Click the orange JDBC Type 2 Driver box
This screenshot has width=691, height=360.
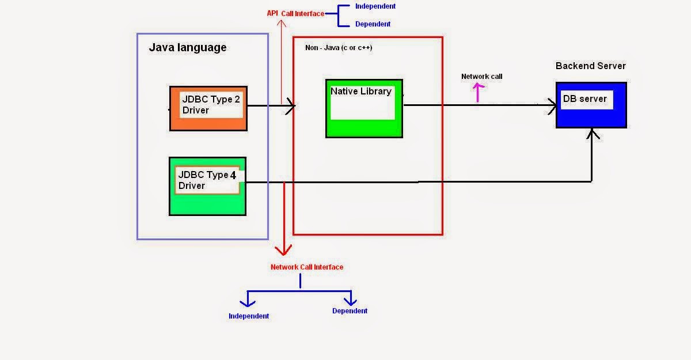pos(208,108)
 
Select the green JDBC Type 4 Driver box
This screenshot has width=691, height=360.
pos(207,186)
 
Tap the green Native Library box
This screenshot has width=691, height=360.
pos(364,108)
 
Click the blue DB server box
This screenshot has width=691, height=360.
pos(591,105)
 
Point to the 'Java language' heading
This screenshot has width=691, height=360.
pos(188,48)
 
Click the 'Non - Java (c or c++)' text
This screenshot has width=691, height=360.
pos(339,48)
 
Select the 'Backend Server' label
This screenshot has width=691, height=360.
pos(590,66)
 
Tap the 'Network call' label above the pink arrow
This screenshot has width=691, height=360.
pos(481,77)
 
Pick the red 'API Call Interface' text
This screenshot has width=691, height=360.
pos(295,13)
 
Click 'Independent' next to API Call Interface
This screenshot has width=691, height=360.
pos(375,6)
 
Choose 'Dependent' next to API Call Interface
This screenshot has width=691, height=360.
pos(373,24)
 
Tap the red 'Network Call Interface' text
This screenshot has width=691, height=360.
pos(307,267)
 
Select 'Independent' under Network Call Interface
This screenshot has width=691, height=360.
pos(249,316)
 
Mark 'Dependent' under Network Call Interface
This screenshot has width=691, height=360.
pos(350,311)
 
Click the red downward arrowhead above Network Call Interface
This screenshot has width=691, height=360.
pos(283,250)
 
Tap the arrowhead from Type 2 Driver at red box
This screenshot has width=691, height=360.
pos(291,105)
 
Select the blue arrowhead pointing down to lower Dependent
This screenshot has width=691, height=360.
pos(350,301)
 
